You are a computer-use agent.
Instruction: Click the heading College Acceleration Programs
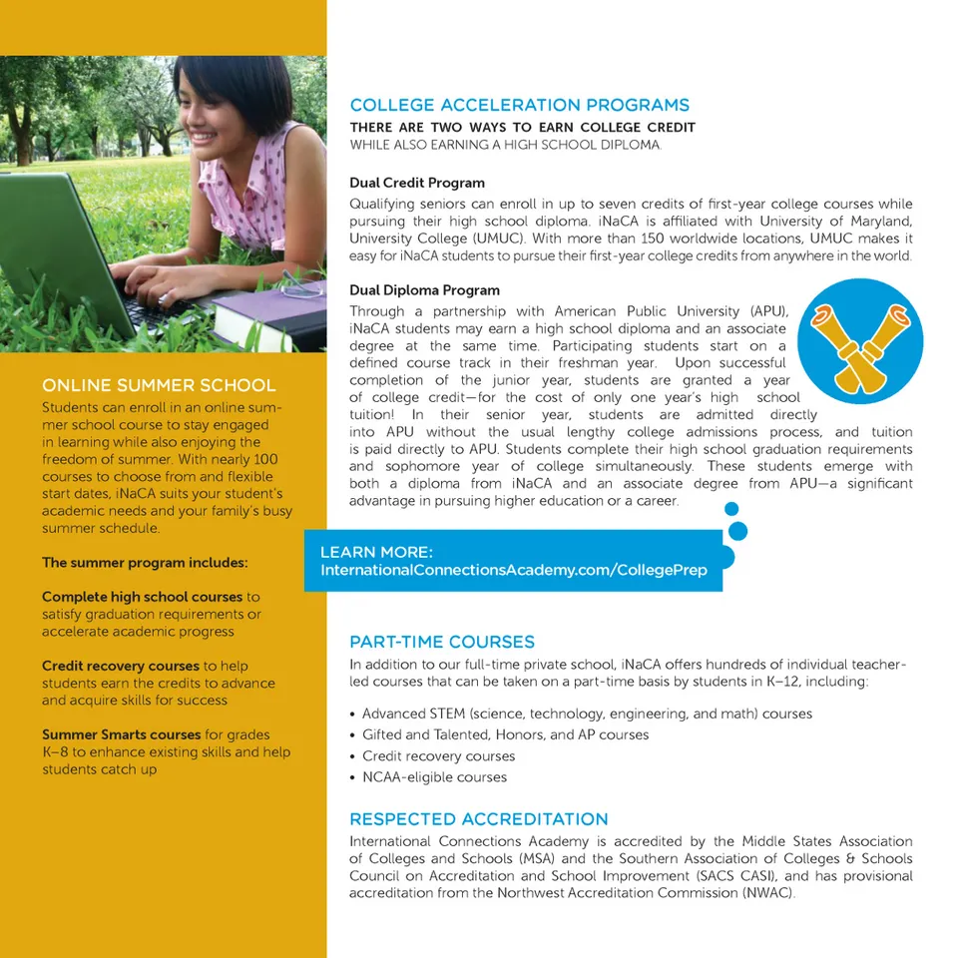519,105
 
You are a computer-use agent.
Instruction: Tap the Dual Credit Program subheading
417,183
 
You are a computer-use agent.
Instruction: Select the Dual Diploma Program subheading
424,290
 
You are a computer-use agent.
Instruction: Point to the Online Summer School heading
159,385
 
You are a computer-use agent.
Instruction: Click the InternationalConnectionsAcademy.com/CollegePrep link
513,570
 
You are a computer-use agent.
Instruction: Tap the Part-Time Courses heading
442,642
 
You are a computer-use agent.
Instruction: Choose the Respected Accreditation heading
478,819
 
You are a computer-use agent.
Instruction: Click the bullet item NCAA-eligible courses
434,777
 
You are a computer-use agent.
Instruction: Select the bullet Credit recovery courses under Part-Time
438,756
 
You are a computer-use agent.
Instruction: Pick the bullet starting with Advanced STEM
587,715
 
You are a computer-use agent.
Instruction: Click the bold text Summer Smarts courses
122,735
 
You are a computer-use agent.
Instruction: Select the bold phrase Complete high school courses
143,597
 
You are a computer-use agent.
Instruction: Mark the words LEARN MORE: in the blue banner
376,552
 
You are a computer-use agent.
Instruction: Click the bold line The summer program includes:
145,563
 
